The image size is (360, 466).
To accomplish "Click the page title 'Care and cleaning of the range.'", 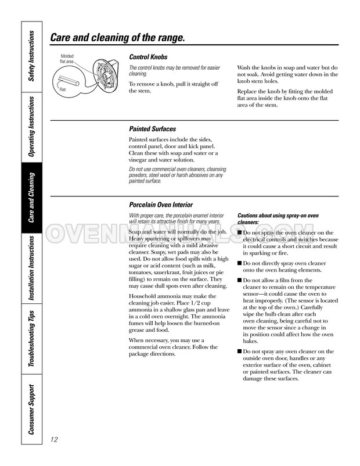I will [x=118, y=38].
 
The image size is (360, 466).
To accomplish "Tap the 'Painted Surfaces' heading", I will [x=152, y=129].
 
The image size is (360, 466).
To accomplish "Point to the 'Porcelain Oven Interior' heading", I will [x=161, y=205].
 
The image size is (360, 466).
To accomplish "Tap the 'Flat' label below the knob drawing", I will [x=63, y=89].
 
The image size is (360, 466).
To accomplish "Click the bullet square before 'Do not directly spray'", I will [x=239, y=263].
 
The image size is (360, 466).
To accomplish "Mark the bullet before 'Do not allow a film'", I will [x=239, y=280].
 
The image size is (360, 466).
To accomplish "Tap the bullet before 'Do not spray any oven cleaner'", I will [x=239, y=352].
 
